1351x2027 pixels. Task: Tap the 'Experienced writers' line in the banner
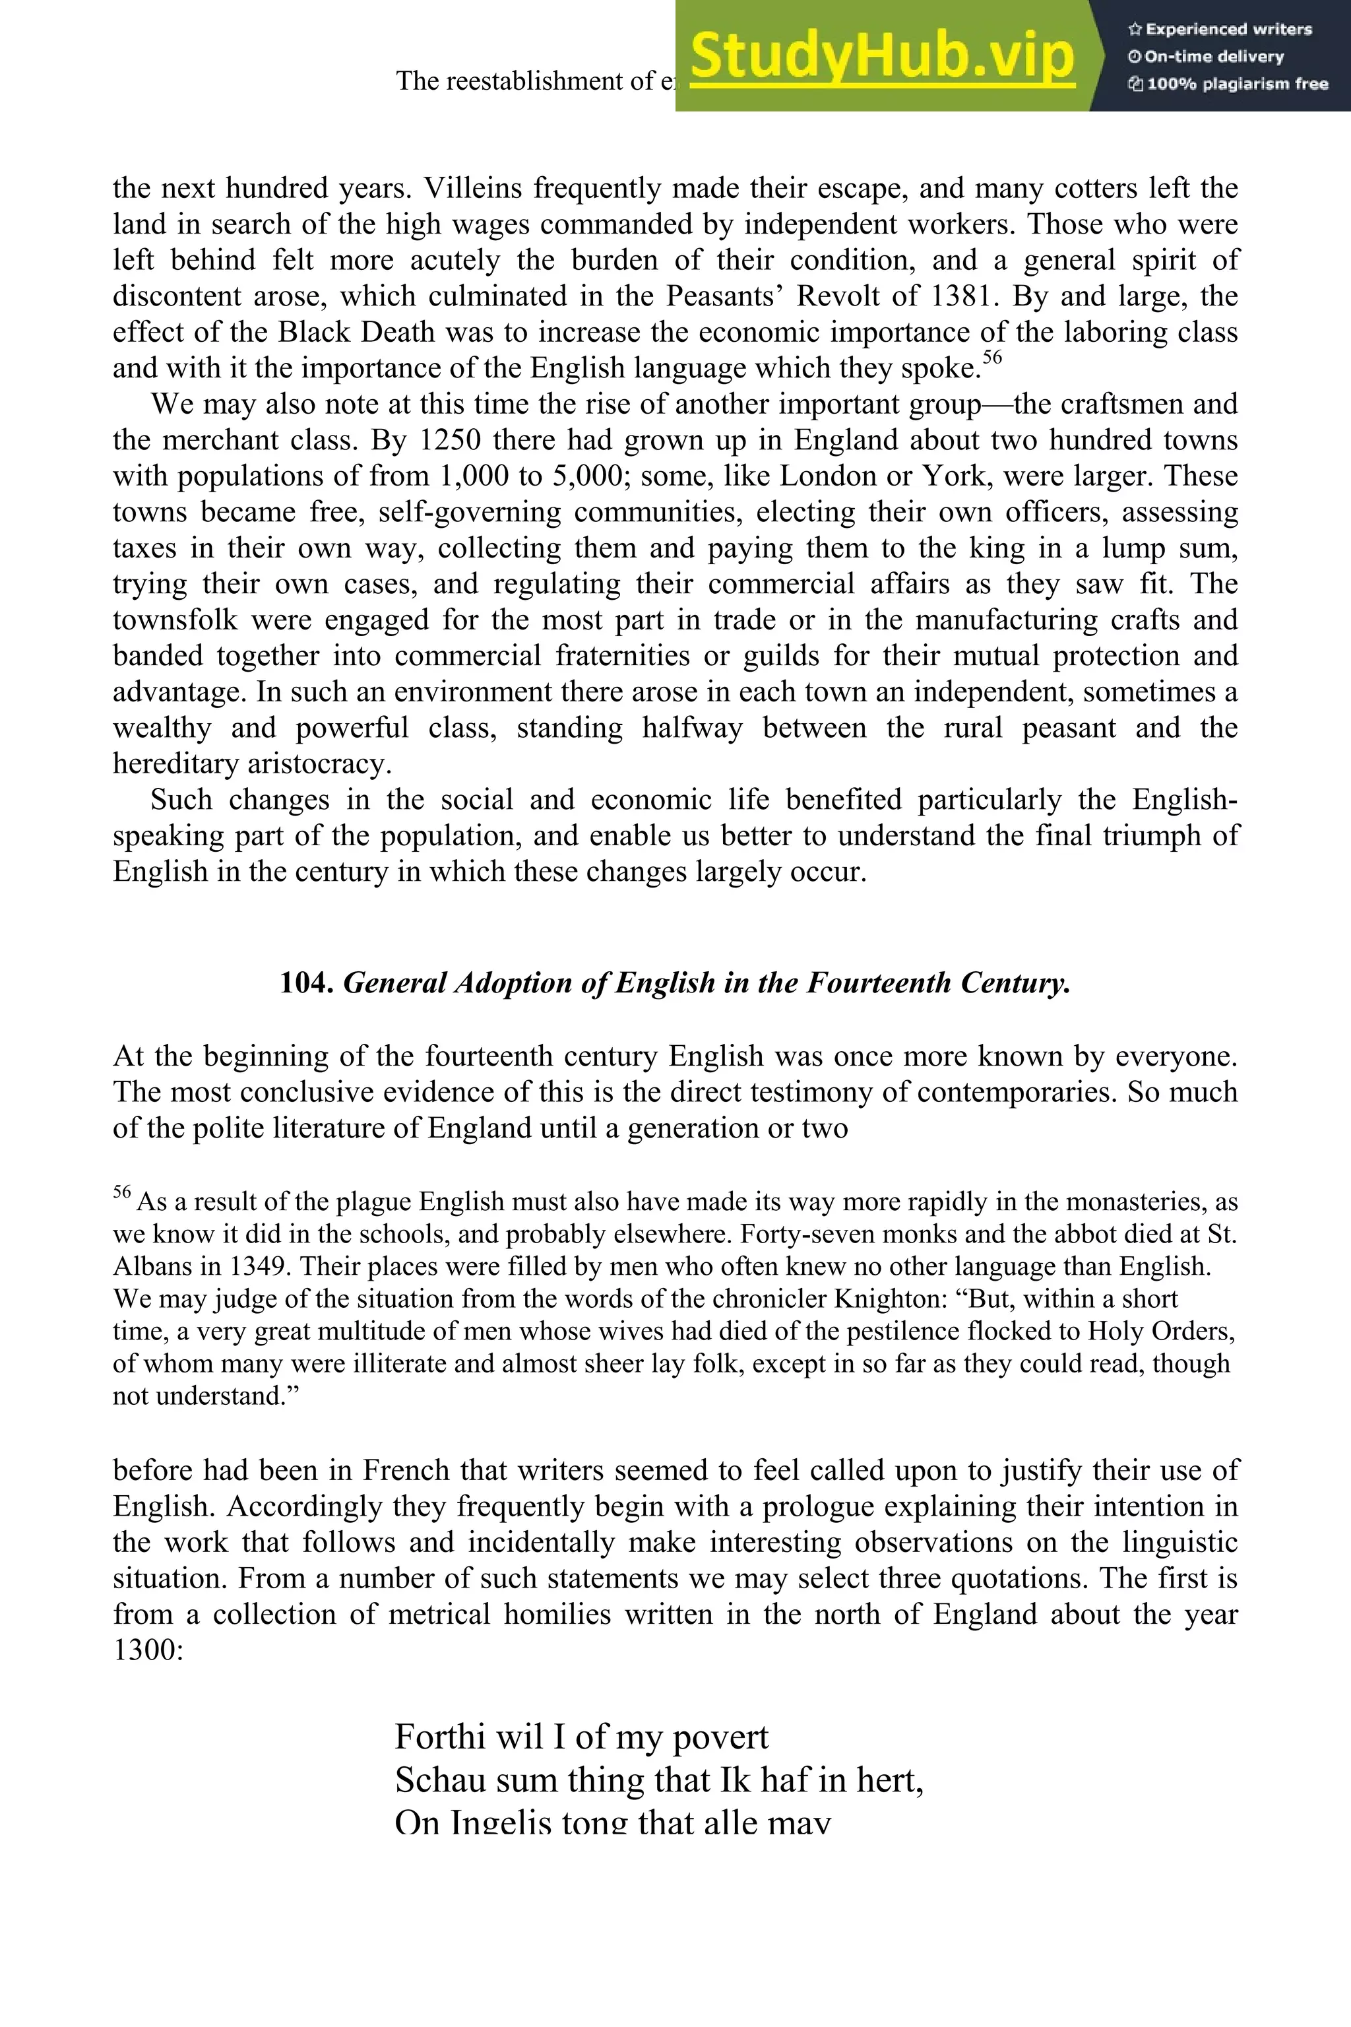pyautogui.click(x=1219, y=29)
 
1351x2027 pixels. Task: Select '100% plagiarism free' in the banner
pyautogui.click(x=1228, y=84)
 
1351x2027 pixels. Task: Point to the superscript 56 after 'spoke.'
pyautogui.click(x=993, y=357)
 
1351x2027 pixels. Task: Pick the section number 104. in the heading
pyautogui.click(x=307, y=982)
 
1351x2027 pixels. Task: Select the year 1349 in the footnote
pyautogui.click(x=262, y=1267)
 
